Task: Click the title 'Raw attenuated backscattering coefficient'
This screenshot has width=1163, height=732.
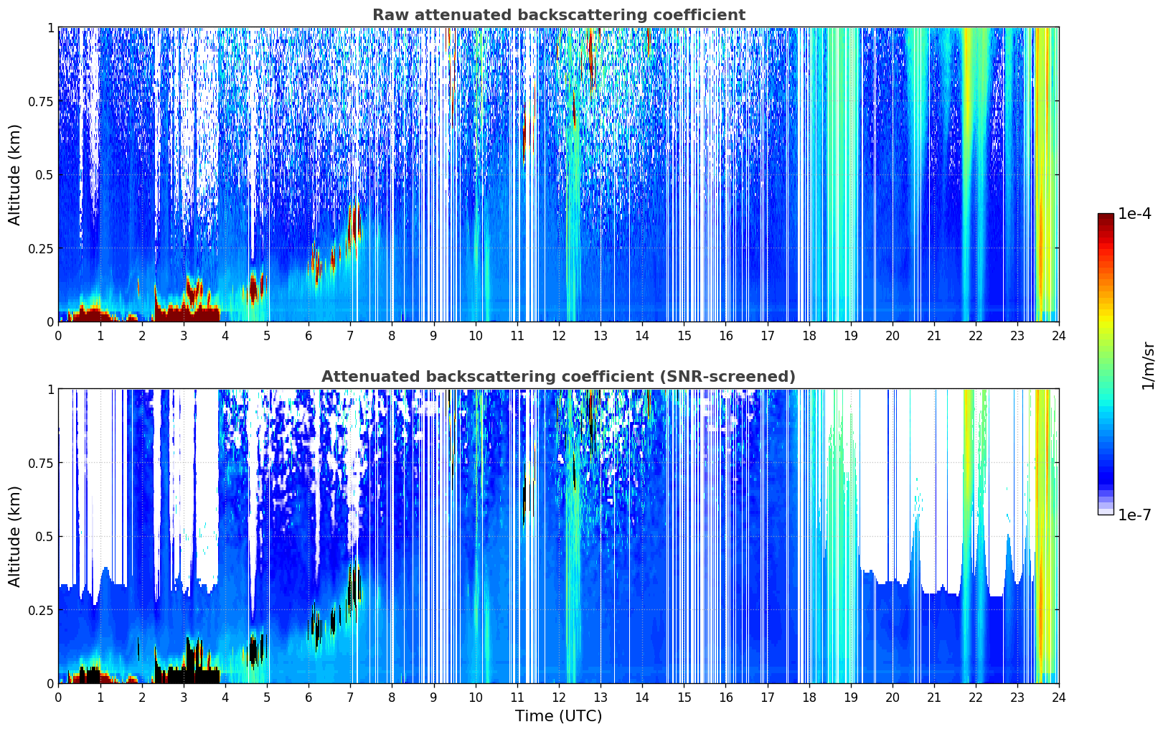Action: coord(558,15)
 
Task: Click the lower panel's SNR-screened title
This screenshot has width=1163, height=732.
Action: coord(558,377)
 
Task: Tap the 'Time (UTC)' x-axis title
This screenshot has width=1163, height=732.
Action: coord(558,715)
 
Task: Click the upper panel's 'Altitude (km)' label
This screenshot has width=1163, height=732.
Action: coord(15,174)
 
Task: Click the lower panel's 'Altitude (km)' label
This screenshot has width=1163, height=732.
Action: coord(15,536)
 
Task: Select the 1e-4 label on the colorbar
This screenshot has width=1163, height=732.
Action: coord(1134,214)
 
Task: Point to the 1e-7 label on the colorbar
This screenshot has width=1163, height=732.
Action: coord(1134,515)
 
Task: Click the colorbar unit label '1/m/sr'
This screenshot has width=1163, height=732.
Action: coord(1147,365)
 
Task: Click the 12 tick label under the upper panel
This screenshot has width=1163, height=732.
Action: coord(559,335)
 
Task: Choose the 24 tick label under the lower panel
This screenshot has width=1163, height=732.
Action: coord(1058,697)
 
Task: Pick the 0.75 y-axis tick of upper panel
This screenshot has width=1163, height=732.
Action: coord(40,101)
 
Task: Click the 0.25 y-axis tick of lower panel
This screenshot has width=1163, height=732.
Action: coord(40,610)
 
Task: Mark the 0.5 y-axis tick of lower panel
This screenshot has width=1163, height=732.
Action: coord(44,536)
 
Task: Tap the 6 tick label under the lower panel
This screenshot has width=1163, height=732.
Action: coord(309,697)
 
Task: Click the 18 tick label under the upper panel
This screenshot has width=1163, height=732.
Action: coord(809,335)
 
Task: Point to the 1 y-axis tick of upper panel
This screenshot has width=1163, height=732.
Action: coord(50,27)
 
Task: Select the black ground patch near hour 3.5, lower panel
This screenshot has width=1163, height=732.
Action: coord(204,676)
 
